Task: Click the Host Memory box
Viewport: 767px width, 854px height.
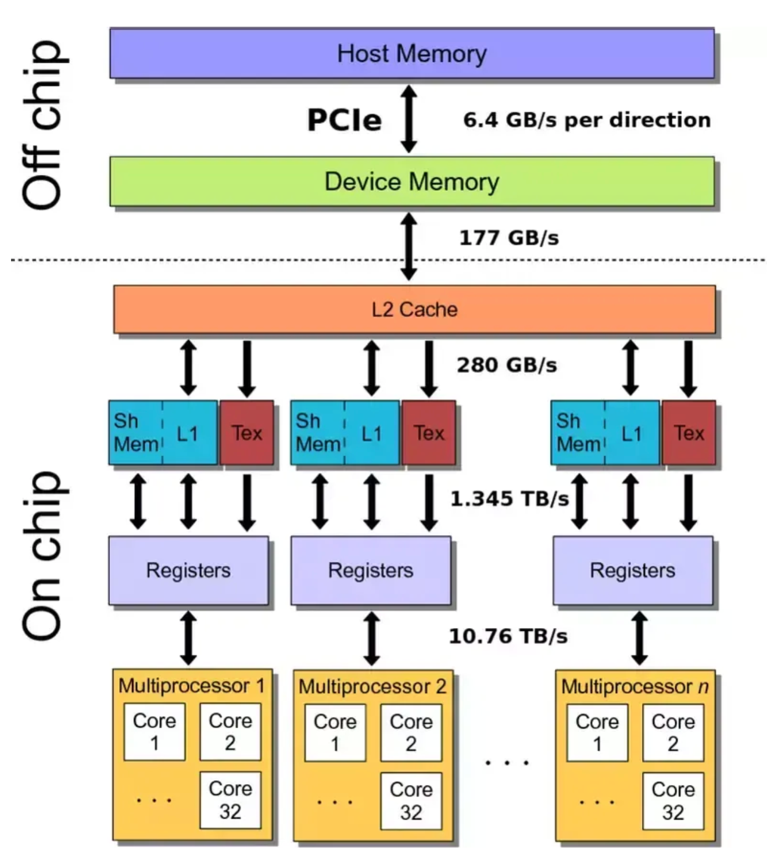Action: (x=412, y=53)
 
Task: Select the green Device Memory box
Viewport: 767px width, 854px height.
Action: (x=412, y=181)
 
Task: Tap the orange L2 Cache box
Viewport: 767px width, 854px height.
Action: (x=414, y=310)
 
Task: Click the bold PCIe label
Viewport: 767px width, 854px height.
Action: (x=345, y=120)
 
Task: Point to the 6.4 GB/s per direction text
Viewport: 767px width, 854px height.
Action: (x=587, y=120)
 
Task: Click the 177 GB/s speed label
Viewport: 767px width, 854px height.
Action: (x=509, y=238)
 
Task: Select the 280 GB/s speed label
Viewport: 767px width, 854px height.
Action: (x=507, y=365)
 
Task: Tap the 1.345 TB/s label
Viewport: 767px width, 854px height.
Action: (x=510, y=498)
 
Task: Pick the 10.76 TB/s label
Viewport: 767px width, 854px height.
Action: (x=508, y=636)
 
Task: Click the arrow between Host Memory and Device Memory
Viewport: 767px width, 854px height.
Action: (x=408, y=119)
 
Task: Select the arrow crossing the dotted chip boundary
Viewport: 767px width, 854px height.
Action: (x=408, y=246)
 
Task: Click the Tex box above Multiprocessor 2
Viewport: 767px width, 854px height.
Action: (x=429, y=432)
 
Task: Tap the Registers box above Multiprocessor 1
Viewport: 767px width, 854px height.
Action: (x=188, y=570)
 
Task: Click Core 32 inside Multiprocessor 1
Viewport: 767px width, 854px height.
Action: (x=230, y=800)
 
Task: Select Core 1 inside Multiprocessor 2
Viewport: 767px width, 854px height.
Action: (x=335, y=733)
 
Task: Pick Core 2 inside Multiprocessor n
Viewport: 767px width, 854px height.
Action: (x=673, y=733)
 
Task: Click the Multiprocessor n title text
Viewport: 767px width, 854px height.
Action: (x=635, y=686)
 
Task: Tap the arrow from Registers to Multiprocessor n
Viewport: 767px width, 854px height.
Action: (x=639, y=638)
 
